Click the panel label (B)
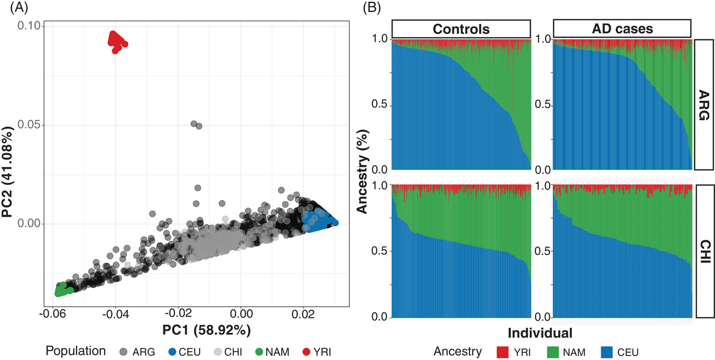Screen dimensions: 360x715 pos(371,8)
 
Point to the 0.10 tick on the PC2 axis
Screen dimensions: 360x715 pos(31,26)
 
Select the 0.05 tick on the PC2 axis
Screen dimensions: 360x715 pos(31,125)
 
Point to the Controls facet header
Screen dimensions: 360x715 pos(461,29)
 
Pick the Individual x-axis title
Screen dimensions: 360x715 pos(540,333)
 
